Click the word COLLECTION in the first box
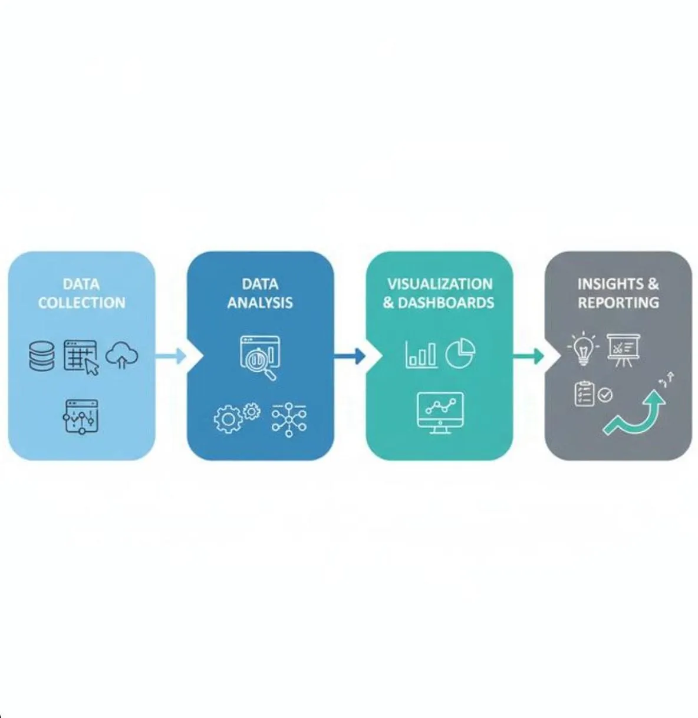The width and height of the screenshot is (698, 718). tap(81, 303)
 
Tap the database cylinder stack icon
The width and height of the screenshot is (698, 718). tap(42, 356)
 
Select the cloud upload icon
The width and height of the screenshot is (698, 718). tap(122, 355)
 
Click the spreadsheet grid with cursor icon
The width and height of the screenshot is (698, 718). tap(81, 357)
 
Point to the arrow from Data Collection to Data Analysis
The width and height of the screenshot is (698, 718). tap(170, 356)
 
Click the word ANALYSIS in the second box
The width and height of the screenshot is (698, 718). tap(260, 303)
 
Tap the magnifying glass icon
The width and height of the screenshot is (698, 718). tap(262, 363)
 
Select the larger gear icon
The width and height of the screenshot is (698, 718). tap(228, 419)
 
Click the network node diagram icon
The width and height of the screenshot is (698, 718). tap(289, 420)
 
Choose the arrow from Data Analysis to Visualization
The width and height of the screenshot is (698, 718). tap(350, 356)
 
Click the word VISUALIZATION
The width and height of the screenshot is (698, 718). tap(440, 284)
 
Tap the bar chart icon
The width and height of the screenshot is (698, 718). tap(422, 355)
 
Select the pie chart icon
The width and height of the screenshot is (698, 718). tap(460, 354)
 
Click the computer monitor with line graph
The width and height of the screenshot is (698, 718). tap(440, 412)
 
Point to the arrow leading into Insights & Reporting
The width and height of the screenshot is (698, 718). tap(528, 356)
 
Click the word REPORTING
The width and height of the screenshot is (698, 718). tap(618, 303)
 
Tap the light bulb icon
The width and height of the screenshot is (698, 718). tap(583, 349)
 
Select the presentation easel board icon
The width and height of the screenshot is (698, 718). tap(623, 350)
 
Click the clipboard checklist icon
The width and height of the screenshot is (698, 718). tap(584, 393)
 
